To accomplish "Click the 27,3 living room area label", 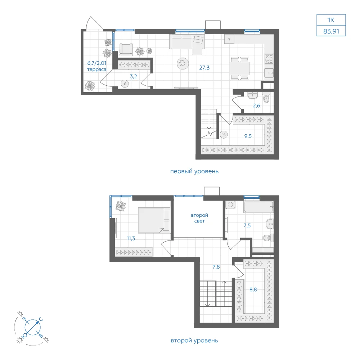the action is (x=204, y=68).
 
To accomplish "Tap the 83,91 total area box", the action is (x=331, y=31).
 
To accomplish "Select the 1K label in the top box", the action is (x=331, y=20).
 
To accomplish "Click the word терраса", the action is (x=96, y=69).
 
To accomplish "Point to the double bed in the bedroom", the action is (x=154, y=220).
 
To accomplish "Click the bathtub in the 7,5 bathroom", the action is (x=258, y=207).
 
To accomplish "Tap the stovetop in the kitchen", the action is (x=269, y=59).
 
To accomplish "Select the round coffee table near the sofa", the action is (x=183, y=63).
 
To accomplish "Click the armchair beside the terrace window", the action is (x=126, y=50).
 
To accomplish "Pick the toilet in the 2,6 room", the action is (x=266, y=98).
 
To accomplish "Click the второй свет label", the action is (x=199, y=218).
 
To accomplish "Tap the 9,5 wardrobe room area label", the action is (x=248, y=136).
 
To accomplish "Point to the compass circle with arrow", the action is (x=33, y=327).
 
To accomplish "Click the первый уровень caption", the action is (x=194, y=171).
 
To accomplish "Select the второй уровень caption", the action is (x=194, y=341).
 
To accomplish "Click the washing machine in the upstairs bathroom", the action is (x=230, y=204).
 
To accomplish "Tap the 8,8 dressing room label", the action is (x=253, y=289).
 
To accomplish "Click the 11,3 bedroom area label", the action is (x=131, y=239).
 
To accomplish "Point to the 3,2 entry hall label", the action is (x=134, y=76).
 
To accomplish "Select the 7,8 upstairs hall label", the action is (x=216, y=267).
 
